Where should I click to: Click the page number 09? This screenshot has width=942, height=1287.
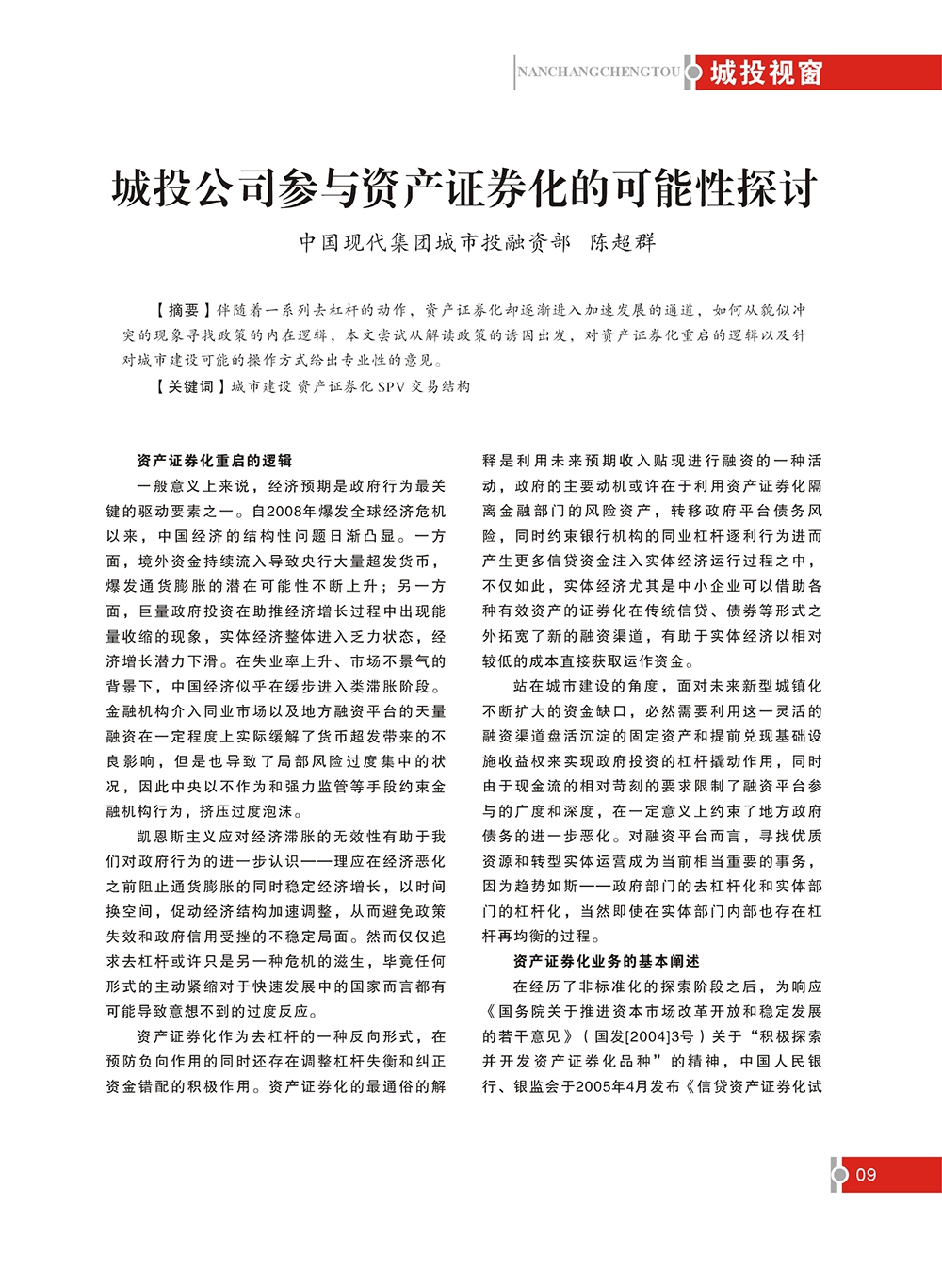click(866, 1175)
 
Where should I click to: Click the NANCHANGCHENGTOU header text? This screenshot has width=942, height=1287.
click(598, 72)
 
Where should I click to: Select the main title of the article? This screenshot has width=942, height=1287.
click(465, 187)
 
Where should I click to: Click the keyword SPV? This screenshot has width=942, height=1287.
click(391, 386)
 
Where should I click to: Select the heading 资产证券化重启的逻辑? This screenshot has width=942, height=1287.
click(214, 461)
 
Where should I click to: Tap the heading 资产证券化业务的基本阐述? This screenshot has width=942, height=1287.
click(606, 961)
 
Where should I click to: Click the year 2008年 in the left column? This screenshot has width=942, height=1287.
click(290, 511)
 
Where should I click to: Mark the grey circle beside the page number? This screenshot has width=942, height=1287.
click(840, 1175)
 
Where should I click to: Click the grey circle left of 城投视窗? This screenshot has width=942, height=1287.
click(694, 73)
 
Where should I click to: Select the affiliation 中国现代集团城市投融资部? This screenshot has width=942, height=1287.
click(434, 242)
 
